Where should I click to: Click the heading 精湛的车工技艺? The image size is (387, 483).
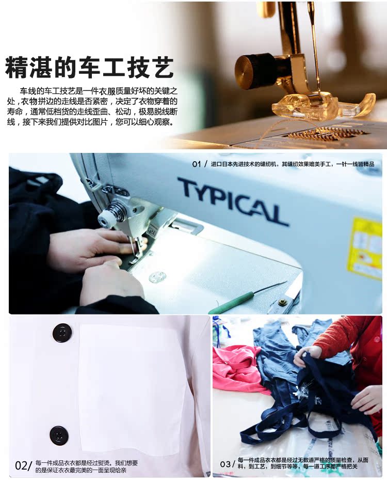[89, 67]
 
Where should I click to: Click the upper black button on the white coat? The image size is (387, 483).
[62, 333]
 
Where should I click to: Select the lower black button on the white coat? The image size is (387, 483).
[59, 435]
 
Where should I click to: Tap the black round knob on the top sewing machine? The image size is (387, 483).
[255, 71]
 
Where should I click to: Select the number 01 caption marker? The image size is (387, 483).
[196, 164]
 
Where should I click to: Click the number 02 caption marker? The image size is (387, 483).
[22, 465]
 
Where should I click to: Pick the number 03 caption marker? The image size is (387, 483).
[225, 464]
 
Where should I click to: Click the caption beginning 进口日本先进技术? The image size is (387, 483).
[292, 164]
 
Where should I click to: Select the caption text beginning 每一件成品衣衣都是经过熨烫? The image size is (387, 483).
[87, 466]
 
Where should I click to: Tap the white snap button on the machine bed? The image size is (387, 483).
[157, 277]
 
